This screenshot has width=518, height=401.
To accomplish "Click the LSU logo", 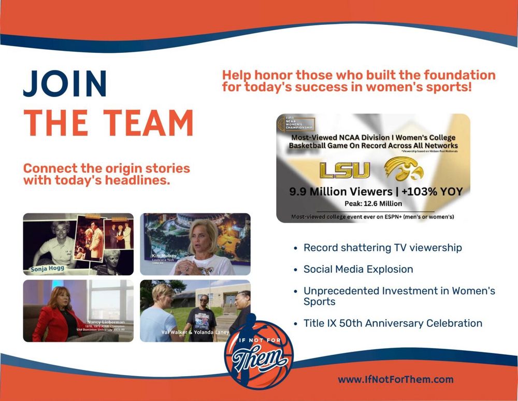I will [344, 171].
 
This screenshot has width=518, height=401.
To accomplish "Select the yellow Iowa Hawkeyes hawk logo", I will [404, 170].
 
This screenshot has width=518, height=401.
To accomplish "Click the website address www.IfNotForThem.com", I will [396, 379].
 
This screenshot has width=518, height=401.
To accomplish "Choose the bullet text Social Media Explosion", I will [358, 269].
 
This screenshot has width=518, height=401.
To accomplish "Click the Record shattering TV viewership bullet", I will [382, 247].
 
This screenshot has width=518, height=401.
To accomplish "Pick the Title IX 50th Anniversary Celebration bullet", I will [393, 323].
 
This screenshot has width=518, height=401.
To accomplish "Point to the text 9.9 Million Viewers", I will [341, 192].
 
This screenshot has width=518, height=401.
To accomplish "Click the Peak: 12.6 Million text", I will [373, 204].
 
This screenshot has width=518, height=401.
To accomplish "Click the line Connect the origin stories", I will [107, 169].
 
